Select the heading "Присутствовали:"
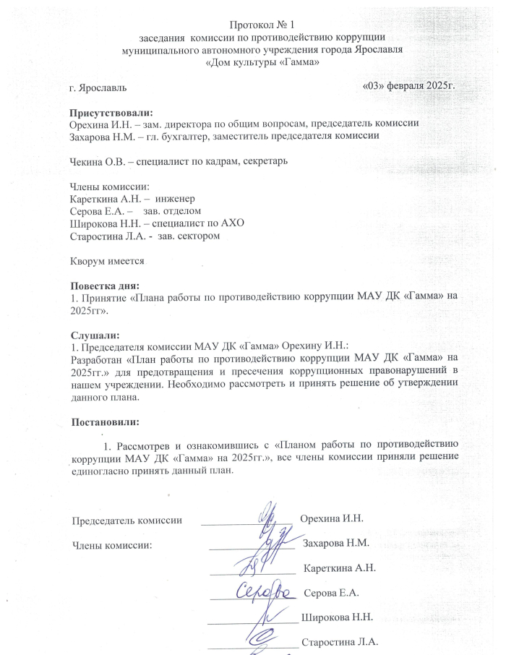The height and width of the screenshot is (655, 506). [111, 113]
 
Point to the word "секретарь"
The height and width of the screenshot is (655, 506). [265, 161]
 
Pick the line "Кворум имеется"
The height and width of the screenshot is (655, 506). [108, 260]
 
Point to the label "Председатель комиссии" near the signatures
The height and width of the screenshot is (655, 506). [126, 520]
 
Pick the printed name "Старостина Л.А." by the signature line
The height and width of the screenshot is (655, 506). [339, 641]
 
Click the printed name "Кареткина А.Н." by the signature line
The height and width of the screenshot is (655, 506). [340, 568]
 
